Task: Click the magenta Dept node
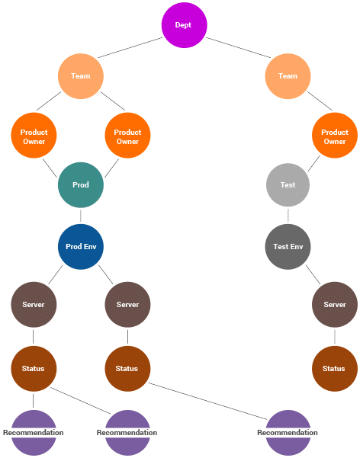pyautogui.click(x=185, y=25)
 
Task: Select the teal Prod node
pyautogui.click(x=81, y=185)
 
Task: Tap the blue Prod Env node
pyautogui.click(x=81, y=247)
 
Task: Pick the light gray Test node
pyautogui.click(x=288, y=185)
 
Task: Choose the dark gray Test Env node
pyautogui.click(x=288, y=247)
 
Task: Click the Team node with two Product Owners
pyautogui.click(x=81, y=76)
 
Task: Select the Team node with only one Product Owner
pyautogui.click(x=288, y=76)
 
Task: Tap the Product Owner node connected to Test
pyautogui.click(x=335, y=136)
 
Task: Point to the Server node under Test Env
pyautogui.click(x=335, y=305)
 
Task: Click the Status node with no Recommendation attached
pyautogui.click(x=335, y=369)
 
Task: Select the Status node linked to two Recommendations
pyautogui.click(x=34, y=369)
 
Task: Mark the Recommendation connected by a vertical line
pyautogui.click(x=34, y=433)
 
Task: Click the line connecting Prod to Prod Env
pyautogui.click(x=81, y=216)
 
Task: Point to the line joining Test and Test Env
pyautogui.click(x=288, y=215)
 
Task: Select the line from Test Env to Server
pyautogui.click(x=313, y=274)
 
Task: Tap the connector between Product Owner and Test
pyautogui.click(x=313, y=163)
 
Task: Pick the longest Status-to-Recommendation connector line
pyautogui.click(x=208, y=401)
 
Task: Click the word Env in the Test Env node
pyautogui.click(x=297, y=247)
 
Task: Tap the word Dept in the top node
pyautogui.click(x=183, y=25)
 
